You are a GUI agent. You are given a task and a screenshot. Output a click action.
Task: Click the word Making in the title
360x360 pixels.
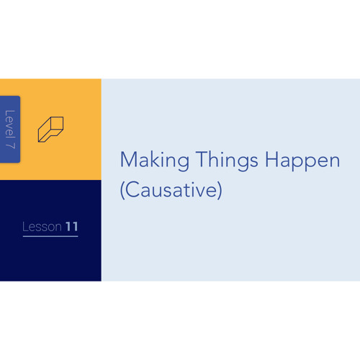click(155, 161)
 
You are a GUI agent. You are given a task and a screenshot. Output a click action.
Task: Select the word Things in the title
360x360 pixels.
click(227, 161)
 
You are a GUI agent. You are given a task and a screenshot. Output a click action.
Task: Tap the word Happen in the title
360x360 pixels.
click(302, 161)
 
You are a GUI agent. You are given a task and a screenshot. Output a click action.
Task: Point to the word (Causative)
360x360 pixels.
click(171, 190)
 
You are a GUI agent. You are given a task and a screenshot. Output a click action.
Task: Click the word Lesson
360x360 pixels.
click(42, 227)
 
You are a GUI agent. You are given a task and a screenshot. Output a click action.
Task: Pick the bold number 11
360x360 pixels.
click(72, 227)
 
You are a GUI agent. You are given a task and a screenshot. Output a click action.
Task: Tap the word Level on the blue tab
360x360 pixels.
click(10, 124)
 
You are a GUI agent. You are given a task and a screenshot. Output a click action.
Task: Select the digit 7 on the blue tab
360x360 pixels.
click(11, 145)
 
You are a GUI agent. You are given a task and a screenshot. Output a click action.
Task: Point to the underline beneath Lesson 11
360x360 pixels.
click(50, 236)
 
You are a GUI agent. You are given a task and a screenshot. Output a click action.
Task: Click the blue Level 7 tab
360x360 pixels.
click(10, 129)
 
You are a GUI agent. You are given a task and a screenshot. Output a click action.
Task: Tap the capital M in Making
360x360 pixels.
click(128, 159)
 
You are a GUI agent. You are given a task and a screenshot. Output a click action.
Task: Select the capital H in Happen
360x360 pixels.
click(271, 159)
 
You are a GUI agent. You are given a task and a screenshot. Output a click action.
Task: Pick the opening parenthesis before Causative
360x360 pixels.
click(122, 190)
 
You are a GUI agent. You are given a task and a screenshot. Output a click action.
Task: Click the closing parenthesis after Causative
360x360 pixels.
click(220, 190)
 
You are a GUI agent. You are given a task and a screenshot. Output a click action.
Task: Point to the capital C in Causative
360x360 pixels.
click(132, 189)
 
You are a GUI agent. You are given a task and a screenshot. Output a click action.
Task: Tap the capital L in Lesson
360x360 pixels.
click(25, 227)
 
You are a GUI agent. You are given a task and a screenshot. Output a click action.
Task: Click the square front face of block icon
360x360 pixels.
click(57, 123)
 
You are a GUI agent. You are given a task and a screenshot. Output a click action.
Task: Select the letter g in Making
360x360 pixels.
click(183, 163)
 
